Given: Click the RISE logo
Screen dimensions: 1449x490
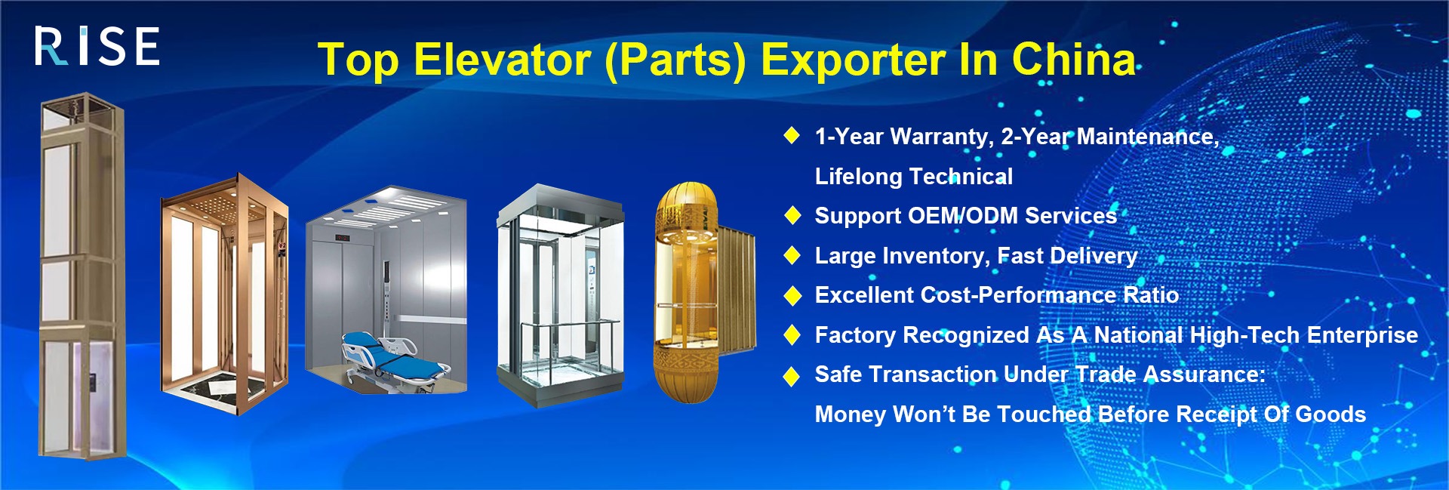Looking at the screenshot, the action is click(97, 46).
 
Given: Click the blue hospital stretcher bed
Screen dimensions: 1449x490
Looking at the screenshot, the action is click(392, 361).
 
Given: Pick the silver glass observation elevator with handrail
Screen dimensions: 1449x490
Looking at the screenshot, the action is click(560, 295).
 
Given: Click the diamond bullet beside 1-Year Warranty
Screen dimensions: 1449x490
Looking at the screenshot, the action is click(792, 136).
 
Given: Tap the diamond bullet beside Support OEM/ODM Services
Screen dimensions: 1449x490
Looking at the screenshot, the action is click(792, 215).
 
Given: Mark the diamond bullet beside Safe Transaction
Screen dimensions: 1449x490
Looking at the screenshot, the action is click(792, 375).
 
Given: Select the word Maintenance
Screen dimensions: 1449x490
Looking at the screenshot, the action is click(1148, 137).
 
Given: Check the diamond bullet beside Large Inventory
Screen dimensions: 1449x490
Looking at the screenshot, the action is click(792, 255).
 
